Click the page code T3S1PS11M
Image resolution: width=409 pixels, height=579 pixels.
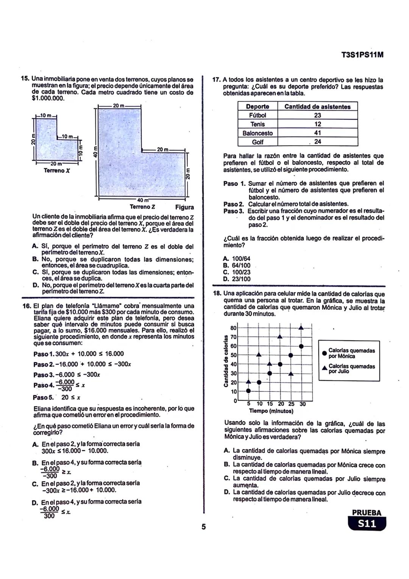(x=362, y=55)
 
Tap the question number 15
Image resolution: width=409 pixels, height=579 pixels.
(x=25, y=79)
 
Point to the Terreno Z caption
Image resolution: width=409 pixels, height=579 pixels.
(x=142, y=207)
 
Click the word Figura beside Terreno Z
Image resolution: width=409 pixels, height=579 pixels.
(x=184, y=207)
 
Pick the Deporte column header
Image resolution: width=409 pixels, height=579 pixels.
(x=258, y=107)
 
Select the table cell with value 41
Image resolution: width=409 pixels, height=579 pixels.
(x=317, y=133)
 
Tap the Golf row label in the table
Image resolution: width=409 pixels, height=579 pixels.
(x=258, y=142)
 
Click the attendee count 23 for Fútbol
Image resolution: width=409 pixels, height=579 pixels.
(x=317, y=115)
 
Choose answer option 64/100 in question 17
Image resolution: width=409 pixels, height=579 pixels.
(x=237, y=265)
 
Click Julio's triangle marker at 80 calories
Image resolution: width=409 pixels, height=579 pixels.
(x=301, y=328)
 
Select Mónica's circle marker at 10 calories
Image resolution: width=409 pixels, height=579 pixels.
(x=248, y=391)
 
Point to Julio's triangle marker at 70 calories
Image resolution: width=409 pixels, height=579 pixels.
(x=280, y=336)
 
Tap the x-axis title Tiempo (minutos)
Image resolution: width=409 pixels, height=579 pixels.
(x=271, y=411)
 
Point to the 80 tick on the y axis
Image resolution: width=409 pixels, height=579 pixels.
(x=233, y=328)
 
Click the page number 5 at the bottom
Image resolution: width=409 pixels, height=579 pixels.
(x=203, y=527)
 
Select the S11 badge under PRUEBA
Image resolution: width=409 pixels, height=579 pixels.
(x=367, y=524)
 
